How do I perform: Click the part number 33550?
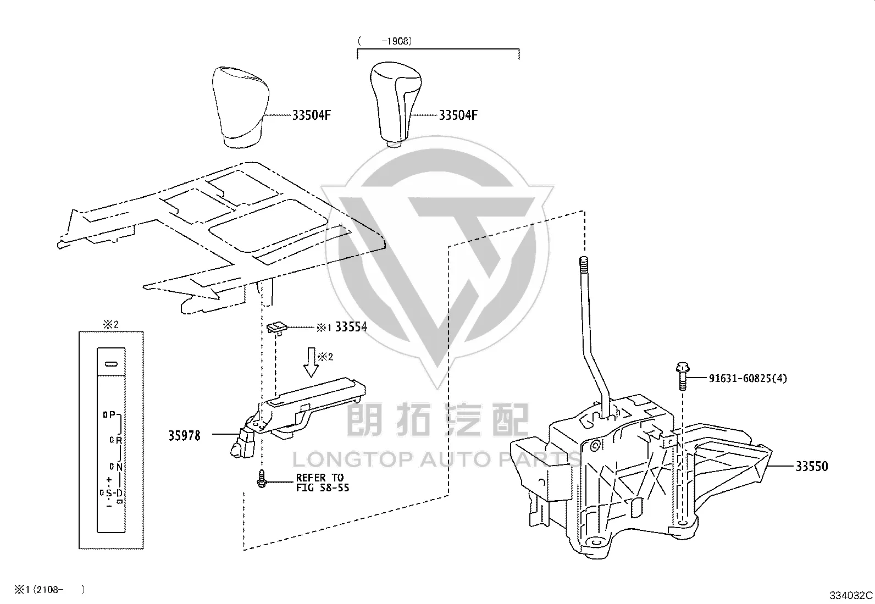[x=812, y=466]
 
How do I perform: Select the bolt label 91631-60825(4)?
[x=747, y=378]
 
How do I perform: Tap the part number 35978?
[x=184, y=436]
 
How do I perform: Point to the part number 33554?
[x=351, y=327]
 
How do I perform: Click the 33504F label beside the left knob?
[x=311, y=115]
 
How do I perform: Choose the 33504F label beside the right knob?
[x=458, y=115]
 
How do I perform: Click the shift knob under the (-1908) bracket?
[x=395, y=104]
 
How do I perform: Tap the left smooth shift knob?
[x=240, y=107]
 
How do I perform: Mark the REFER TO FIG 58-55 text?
[x=322, y=483]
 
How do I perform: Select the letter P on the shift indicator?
[x=112, y=414]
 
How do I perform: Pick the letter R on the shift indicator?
[x=119, y=440]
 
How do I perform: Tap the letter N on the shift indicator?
[x=119, y=467]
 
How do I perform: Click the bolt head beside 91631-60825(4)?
[x=683, y=368]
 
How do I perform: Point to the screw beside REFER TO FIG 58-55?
[x=262, y=479]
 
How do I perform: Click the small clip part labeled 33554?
[x=277, y=328]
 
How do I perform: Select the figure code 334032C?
[x=851, y=595]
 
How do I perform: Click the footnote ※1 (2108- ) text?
[x=49, y=590]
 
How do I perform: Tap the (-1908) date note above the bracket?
[x=385, y=41]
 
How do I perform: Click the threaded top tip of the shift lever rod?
[x=584, y=260]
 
